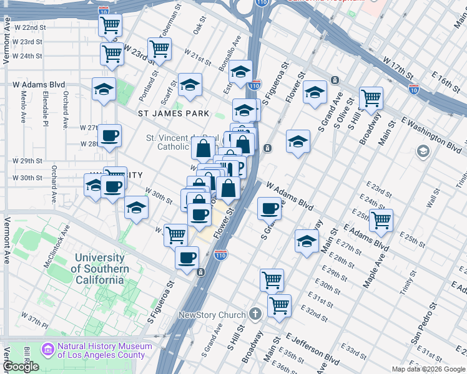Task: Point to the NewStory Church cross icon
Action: pyautogui.click(x=255, y=314)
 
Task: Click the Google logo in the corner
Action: pyautogui.click(x=21, y=367)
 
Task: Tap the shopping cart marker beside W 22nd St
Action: pyautogui.click(x=110, y=26)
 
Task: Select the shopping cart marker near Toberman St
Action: pyautogui.click(x=159, y=49)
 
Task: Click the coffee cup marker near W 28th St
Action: pyautogui.click(x=110, y=135)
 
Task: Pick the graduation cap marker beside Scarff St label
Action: pyautogui.click(x=189, y=85)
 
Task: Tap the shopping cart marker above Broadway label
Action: pyautogui.click(x=371, y=97)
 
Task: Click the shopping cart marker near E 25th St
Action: pyautogui.click(x=380, y=219)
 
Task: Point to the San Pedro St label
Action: pyautogui.click(x=422, y=324)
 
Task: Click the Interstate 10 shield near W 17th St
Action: pyautogui.click(x=414, y=90)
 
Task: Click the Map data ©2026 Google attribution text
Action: pyautogui.click(x=428, y=369)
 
